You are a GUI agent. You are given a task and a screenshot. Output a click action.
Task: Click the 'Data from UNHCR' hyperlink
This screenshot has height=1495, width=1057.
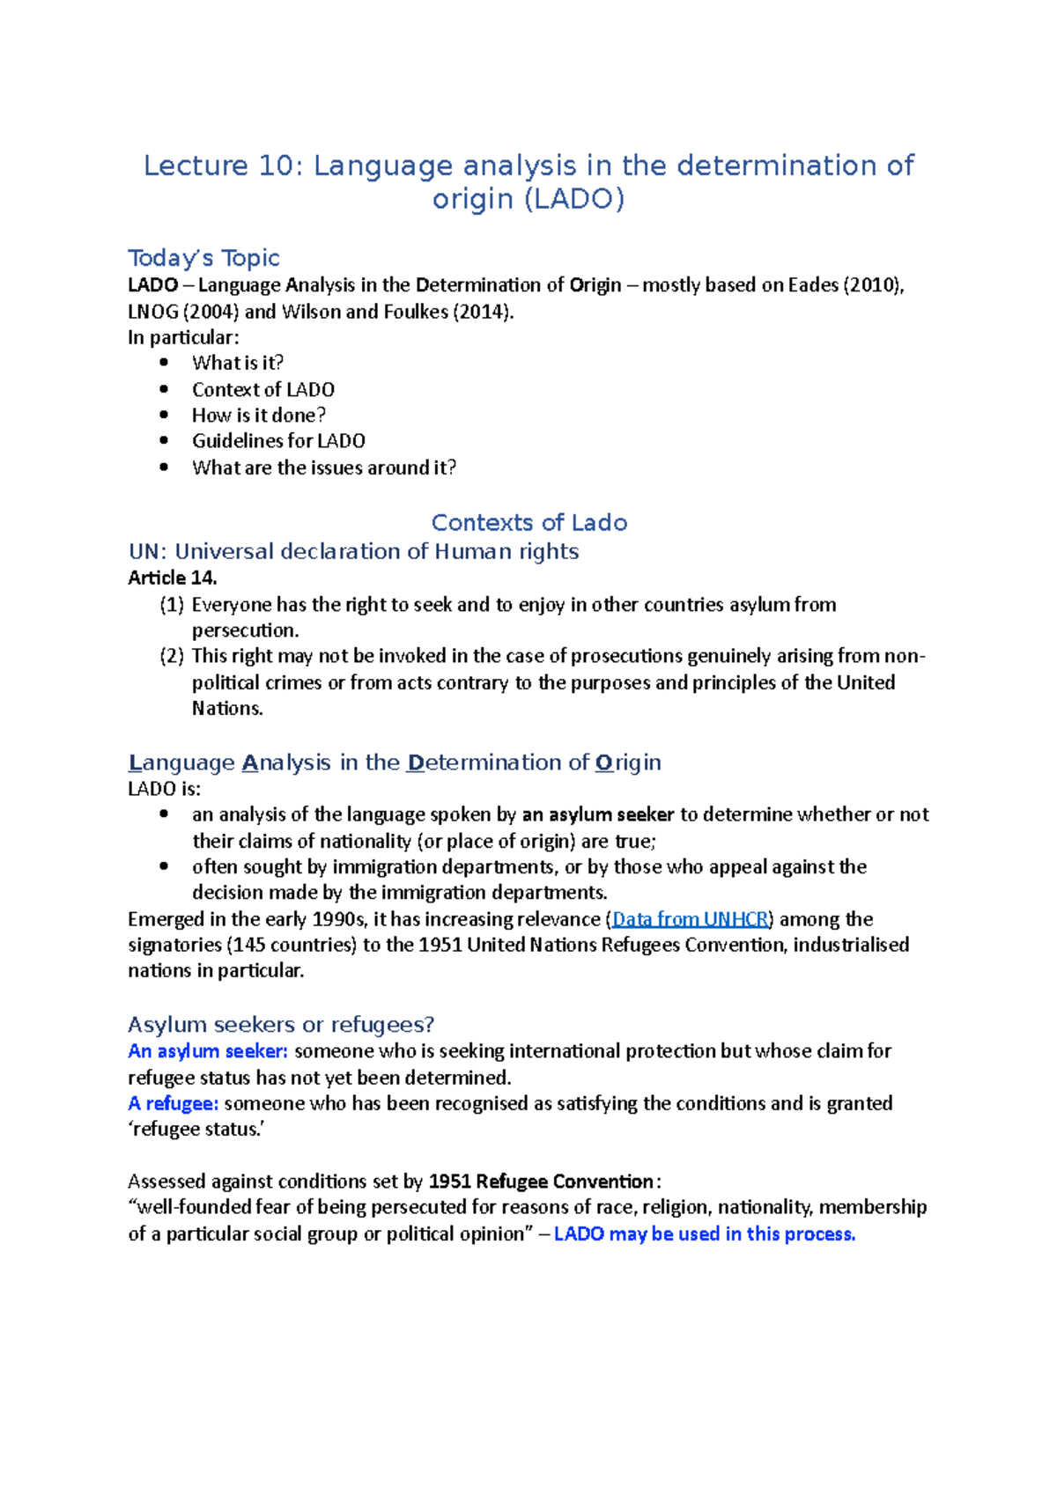point(691,919)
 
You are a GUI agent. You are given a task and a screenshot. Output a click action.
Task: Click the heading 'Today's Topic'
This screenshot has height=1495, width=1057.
point(203,258)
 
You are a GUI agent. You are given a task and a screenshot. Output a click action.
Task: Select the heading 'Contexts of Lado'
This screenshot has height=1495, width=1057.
point(528,522)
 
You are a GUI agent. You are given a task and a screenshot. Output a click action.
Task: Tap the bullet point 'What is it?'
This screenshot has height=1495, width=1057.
point(238,363)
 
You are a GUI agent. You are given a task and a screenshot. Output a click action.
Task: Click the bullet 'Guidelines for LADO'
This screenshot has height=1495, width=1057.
point(278,440)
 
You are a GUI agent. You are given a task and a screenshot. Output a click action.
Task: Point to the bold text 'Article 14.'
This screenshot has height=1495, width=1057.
point(173,578)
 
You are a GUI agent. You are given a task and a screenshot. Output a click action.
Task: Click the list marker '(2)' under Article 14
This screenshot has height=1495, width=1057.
point(172,656)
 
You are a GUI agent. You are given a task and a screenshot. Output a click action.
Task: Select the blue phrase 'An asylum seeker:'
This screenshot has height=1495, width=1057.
point(208,1051)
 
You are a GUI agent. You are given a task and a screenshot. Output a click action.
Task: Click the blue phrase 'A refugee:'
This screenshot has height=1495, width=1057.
point(174,1103)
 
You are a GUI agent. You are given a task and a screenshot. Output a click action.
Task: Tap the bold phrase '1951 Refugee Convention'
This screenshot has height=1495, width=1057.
point(541,1182)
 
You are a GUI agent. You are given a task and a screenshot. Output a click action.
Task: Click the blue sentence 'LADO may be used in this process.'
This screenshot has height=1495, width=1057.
point(705,1234)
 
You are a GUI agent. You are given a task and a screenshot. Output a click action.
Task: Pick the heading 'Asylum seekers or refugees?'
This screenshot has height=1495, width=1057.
point(281,1025)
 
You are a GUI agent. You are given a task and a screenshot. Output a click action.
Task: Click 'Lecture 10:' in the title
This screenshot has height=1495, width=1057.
point(222,166)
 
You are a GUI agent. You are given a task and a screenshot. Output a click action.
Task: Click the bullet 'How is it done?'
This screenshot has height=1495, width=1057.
point(259,415)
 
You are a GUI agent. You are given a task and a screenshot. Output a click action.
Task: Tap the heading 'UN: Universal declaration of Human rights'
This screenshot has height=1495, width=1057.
point(353,551)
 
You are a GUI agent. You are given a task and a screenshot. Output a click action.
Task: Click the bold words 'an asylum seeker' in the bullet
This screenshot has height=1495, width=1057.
point(598,814)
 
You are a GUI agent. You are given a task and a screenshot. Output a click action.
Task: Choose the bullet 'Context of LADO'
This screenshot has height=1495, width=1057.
point(263,389)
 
